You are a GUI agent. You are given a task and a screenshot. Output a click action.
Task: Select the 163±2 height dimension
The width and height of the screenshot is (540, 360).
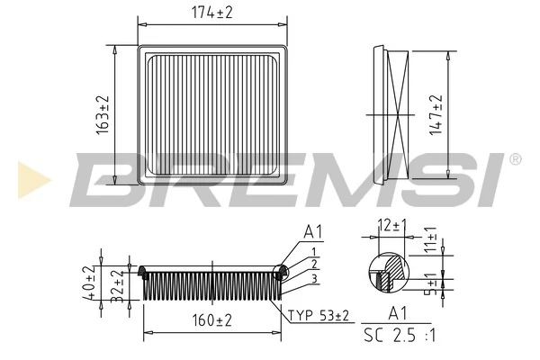click(x=101, y=115)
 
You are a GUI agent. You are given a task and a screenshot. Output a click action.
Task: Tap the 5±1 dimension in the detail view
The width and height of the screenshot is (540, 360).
click(x=430, y=284)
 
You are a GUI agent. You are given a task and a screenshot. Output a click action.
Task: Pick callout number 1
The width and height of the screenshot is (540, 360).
click(x=312, y=251)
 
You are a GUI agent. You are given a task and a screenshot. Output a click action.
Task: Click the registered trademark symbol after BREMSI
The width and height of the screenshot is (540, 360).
click(x=514, y=159)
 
